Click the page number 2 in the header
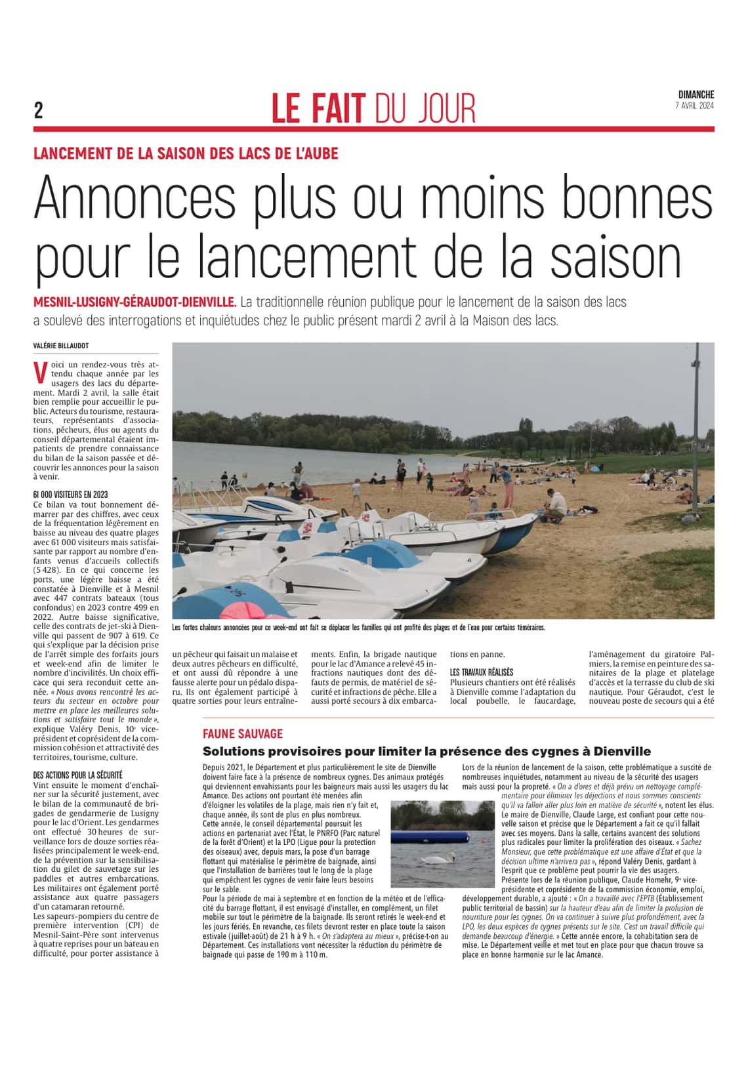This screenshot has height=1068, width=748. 39,110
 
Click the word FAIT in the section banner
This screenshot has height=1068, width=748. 335,109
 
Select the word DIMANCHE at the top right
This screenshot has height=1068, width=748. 696,95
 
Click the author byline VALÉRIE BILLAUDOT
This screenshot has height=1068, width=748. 61,346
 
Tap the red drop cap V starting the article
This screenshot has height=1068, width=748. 40,373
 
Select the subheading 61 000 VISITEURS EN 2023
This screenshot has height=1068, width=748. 70,495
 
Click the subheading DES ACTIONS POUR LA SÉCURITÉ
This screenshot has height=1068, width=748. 77,775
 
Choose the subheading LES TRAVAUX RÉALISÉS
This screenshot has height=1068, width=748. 481,672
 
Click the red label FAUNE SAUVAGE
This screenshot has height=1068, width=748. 243,734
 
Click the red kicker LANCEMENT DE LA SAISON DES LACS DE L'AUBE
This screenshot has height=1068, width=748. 186,154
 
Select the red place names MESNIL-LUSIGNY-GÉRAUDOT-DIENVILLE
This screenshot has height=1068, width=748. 135,302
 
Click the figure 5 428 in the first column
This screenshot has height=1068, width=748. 45,570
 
